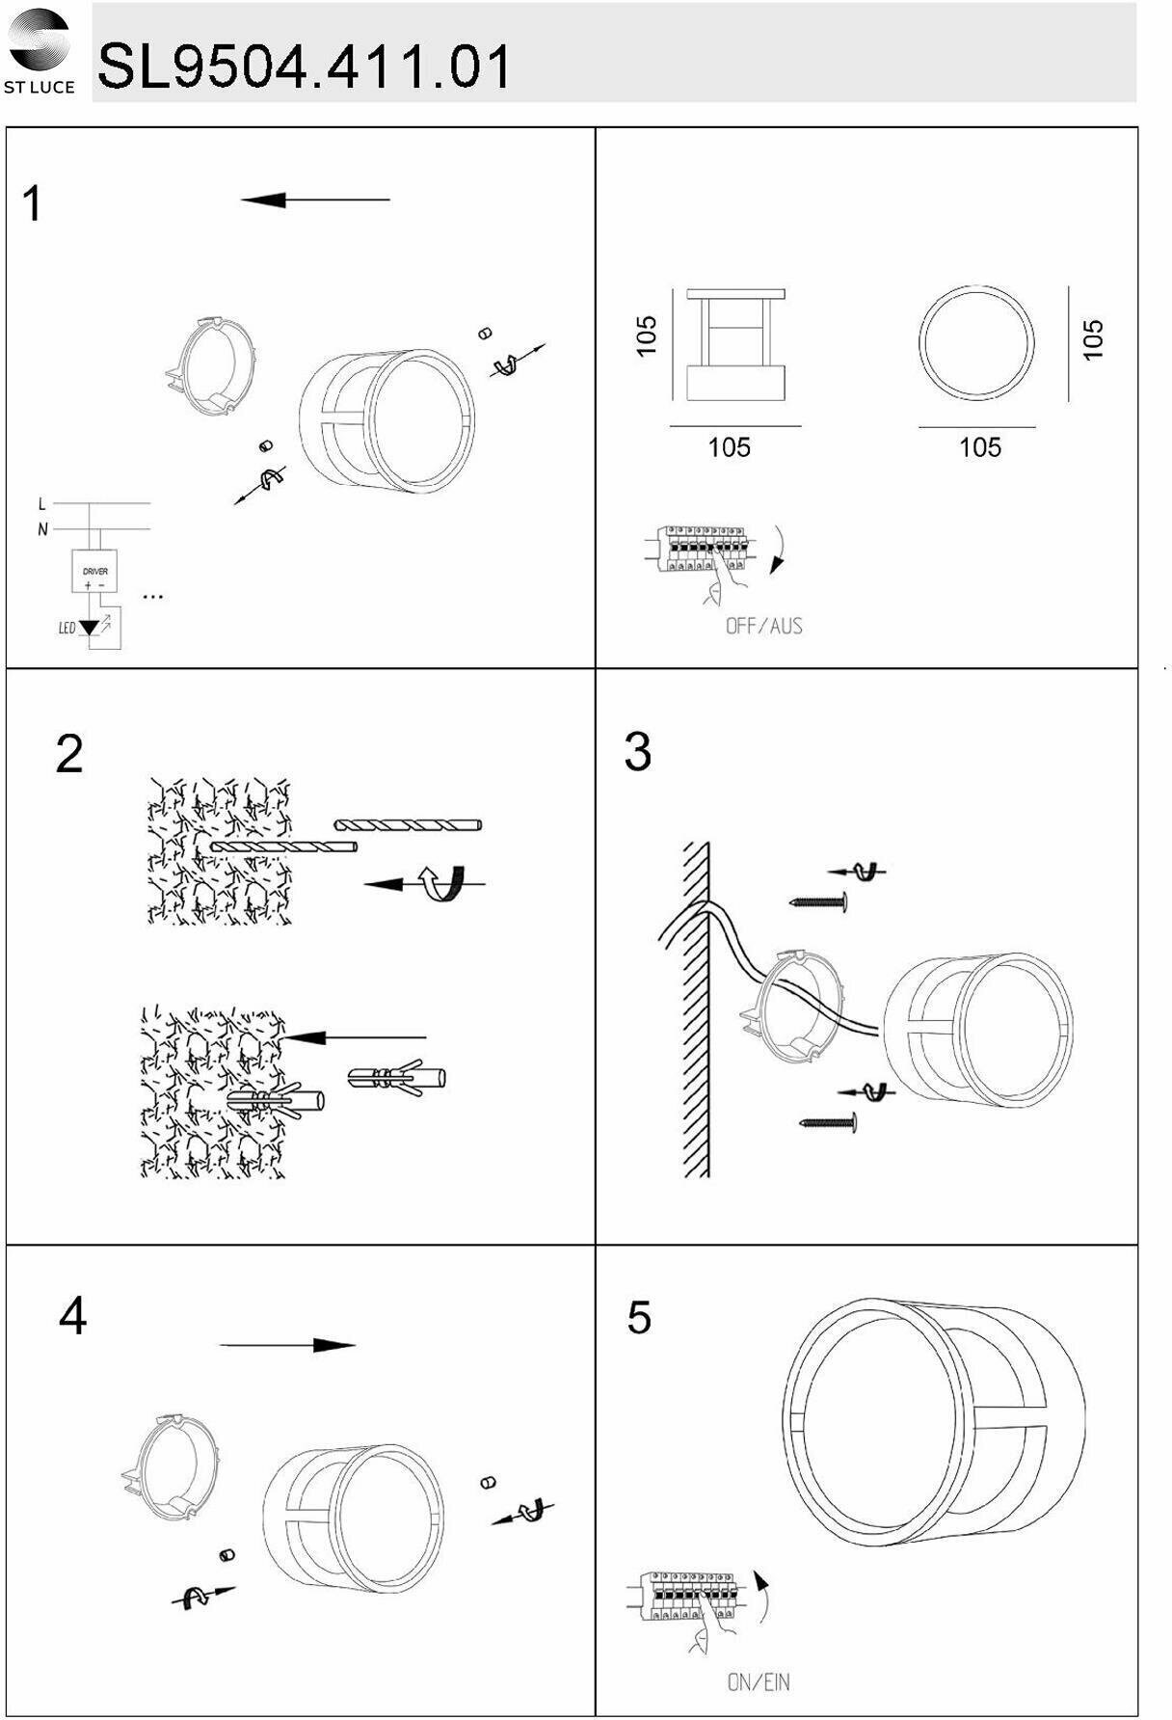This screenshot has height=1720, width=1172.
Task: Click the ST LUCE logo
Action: tap(39, 50)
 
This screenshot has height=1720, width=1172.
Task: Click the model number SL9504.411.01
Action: tap(304, 67)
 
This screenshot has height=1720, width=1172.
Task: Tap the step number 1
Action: tap(33, 204)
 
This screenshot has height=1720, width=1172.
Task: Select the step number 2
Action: tap(69, 754)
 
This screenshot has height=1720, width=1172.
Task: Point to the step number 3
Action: tap(637, 752)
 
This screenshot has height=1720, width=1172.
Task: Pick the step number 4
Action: tap(72, 1316)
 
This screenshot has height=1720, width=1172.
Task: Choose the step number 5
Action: tap(638, 1318)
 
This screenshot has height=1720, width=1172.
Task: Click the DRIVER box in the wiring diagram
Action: tap(94, 572)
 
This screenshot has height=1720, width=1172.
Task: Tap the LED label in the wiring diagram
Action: tap(67, 629)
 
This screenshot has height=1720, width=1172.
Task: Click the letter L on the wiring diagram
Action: tap(41, 504)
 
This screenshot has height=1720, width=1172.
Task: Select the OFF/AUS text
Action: tap(763, 626)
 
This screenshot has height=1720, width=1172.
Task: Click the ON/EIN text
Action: tap(758, 1682)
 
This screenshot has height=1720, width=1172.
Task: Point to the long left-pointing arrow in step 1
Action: tap(315, 200)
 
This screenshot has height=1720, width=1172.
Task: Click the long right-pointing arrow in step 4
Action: tap(287, 1345)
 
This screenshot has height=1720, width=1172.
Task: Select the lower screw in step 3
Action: tap(828, 1122)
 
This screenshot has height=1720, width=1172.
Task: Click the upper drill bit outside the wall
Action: tap(408, 824)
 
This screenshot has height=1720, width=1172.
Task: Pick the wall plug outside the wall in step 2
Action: tap(396, 1078)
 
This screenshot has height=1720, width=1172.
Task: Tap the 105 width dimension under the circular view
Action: tap(979, 447)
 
